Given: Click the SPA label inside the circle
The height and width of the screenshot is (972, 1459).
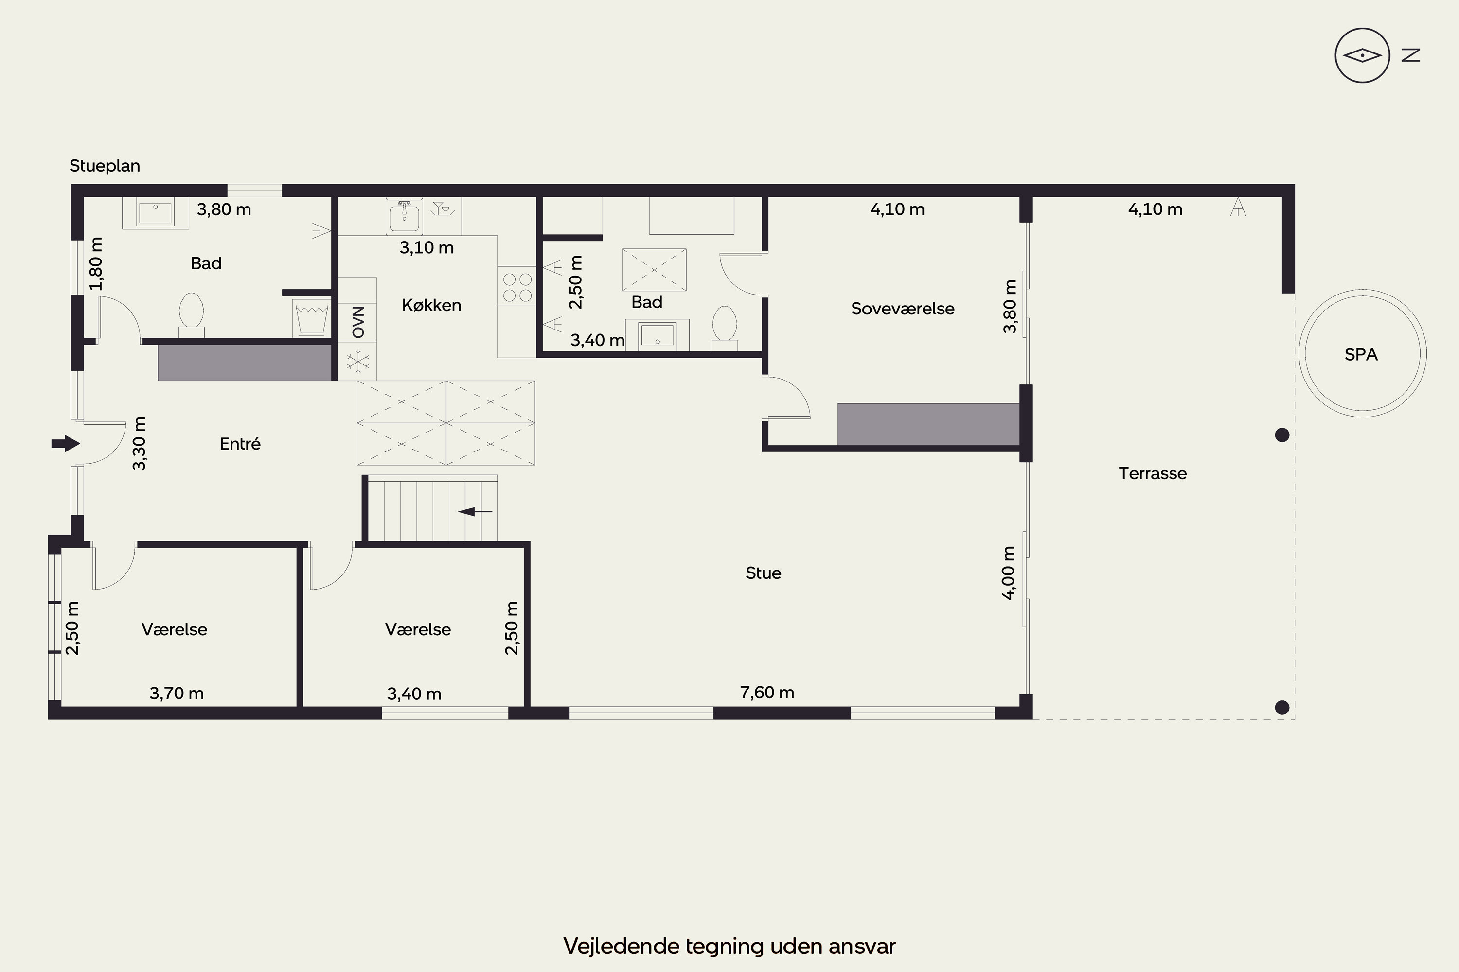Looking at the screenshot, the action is point(1361,355).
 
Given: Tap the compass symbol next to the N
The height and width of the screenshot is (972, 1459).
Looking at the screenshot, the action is point(1362,56).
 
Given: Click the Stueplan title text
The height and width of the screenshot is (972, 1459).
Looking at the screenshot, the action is point(105,166).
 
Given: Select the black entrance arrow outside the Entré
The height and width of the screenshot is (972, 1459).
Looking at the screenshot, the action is point(66,443).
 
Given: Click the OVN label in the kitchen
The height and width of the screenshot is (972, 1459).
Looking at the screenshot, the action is point(358,322).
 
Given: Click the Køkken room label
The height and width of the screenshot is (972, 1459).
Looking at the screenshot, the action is point(432,305).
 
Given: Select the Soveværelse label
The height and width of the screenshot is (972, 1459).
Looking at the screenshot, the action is point(903,309).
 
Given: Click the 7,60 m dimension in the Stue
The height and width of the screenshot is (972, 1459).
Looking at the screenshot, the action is point(767,693).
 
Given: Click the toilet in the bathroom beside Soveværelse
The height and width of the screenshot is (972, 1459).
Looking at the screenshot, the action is point(725,326).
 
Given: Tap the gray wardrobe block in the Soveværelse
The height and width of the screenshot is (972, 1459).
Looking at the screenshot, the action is point(928,424).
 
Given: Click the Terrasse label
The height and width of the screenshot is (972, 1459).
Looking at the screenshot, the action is point(1153,473).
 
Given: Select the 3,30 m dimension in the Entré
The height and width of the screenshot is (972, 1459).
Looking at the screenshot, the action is point(140,443).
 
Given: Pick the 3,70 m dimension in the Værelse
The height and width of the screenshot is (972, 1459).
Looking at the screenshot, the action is point(177,693).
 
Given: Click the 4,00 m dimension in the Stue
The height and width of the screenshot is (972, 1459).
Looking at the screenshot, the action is point(1009,573).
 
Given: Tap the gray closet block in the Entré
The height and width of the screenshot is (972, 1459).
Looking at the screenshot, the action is point(245,363).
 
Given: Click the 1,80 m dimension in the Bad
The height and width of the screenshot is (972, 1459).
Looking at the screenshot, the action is point(96,263).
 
